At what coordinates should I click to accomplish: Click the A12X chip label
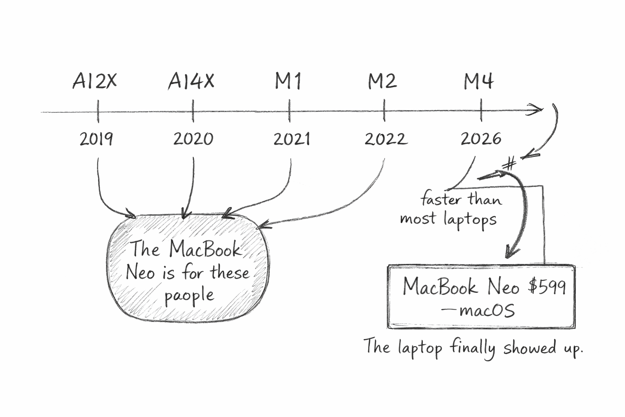tap(94, 81)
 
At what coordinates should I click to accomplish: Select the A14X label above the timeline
tap(191, 81)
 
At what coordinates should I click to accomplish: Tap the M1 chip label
tap(288, 81)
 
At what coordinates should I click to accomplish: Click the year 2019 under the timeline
tap(96, 139)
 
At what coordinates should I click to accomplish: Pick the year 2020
tap(193, 139)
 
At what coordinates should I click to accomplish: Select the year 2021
tap(291, 139)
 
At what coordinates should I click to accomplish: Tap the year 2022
tap(385, 139)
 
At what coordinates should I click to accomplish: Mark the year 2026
tap(481, 139)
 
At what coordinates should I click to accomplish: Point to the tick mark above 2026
tap(481, 110)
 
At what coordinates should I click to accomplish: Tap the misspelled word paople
tap(189, 295)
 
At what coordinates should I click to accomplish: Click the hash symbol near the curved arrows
tap(509, 163)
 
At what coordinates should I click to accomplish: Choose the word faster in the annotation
tap(441, 199)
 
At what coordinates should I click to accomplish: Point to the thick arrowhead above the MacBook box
tap(512, 251)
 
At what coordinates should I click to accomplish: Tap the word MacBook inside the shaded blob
tap(205, 248)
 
